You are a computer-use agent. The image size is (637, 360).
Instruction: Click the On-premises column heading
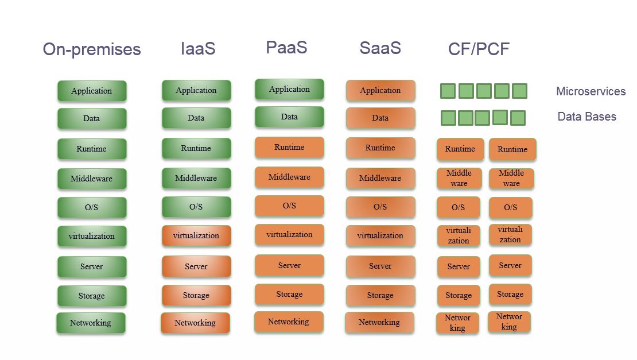(x=92, y=49)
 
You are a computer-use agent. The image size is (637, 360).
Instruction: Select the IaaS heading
(x=198, y=49)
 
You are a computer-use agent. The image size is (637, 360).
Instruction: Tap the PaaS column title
(x=286, y=47)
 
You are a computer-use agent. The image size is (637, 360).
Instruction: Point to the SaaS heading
(x=380, y=48)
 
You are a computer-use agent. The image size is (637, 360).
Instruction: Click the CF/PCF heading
(x=479, y=49)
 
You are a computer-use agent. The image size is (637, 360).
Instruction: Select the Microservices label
(x=591, y=91)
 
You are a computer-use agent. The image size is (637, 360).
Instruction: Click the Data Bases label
(x=586, y=117)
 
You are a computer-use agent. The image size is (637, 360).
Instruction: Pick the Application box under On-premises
(x=92, y=91)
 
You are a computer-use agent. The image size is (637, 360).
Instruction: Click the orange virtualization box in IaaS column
(x=196, y=235)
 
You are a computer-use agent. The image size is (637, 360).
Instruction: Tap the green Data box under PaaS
(x=289, y=117)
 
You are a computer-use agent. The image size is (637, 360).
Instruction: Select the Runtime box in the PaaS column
(x=289, y=147)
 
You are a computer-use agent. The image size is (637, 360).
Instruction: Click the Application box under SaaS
(x=380, y=90)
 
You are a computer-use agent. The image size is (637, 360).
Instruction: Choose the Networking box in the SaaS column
(x=379, y=322)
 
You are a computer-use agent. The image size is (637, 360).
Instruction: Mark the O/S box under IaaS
(x=196, y=207)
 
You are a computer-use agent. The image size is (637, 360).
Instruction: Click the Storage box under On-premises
(x=92, y=296)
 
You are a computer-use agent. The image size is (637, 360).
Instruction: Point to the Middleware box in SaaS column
(x=380, y=178)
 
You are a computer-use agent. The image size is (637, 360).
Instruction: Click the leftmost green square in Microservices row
(x=448, y=91)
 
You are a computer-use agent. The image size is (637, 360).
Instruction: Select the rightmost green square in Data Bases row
(x=518, y=118)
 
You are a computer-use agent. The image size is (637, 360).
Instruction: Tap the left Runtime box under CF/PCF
(x=460, y=149)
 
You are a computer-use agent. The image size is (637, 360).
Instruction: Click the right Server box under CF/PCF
(x=510, y=265)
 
